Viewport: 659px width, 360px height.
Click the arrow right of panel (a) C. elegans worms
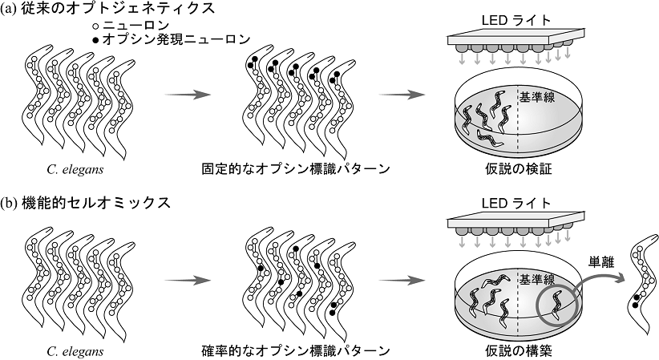(x=186, y=95)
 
